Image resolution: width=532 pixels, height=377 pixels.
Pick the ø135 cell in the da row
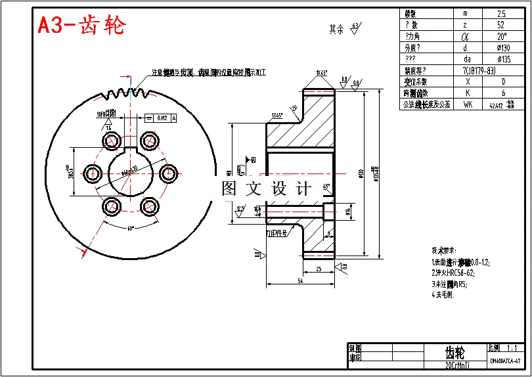pyautogui.click(x=503, y=58)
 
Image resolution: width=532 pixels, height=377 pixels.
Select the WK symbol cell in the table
pyautogui.click(x=468, y=104)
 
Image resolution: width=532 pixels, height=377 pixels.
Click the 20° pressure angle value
pyautogui.click(x=502, y=36)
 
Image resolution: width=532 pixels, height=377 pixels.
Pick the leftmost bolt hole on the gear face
pyautogui.click(x=91, y=173)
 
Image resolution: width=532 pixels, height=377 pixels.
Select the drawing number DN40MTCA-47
pyautogui.click(x=505, y=361)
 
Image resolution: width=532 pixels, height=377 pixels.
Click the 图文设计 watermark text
pyautogui.click(x=266, y=189)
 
